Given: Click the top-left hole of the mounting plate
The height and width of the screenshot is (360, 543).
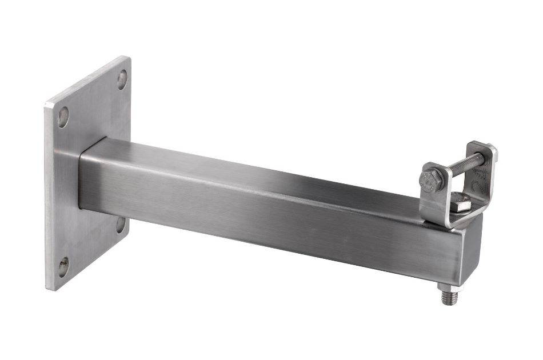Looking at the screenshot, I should coord(63,117).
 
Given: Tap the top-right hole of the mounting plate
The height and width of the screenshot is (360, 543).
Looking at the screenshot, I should coord(122,79).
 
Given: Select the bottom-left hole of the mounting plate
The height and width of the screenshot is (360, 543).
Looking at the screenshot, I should coord(63,266).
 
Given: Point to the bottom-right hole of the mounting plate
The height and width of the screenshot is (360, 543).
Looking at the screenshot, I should coord(121,224).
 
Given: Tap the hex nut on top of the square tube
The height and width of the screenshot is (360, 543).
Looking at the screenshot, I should coord(460,203).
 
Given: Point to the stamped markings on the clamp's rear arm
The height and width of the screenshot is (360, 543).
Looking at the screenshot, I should coord(486,174).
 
